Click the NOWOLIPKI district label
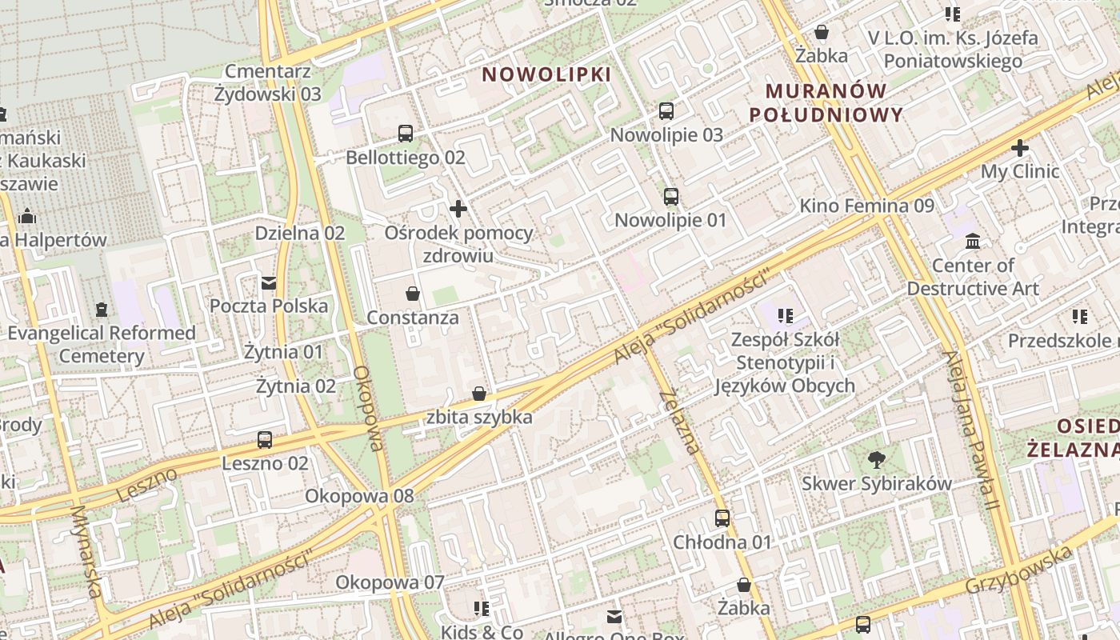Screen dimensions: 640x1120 point(546,75)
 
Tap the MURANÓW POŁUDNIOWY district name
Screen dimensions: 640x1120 point(826,102)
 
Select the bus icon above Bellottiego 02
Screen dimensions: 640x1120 point(406,134)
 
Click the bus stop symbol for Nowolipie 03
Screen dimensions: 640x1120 point(666,111)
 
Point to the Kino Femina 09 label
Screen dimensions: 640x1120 point(866,206)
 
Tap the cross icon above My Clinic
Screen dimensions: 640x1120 point(1020,148)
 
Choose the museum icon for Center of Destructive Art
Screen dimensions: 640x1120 point(973,241)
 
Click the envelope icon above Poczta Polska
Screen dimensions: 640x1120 point(269,282)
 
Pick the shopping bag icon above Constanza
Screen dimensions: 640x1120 point(413,294)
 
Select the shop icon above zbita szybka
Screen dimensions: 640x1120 point(479,394)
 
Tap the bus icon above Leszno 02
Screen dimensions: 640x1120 point(265,439)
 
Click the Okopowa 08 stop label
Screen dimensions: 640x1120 point(359,496)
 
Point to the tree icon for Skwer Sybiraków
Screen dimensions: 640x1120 point(877,459)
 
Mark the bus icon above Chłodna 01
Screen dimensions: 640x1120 point(722,518)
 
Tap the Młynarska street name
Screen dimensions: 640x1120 point(86,551)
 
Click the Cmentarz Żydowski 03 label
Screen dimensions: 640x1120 point(267,82)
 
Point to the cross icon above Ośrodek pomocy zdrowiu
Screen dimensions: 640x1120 point(458,210)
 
